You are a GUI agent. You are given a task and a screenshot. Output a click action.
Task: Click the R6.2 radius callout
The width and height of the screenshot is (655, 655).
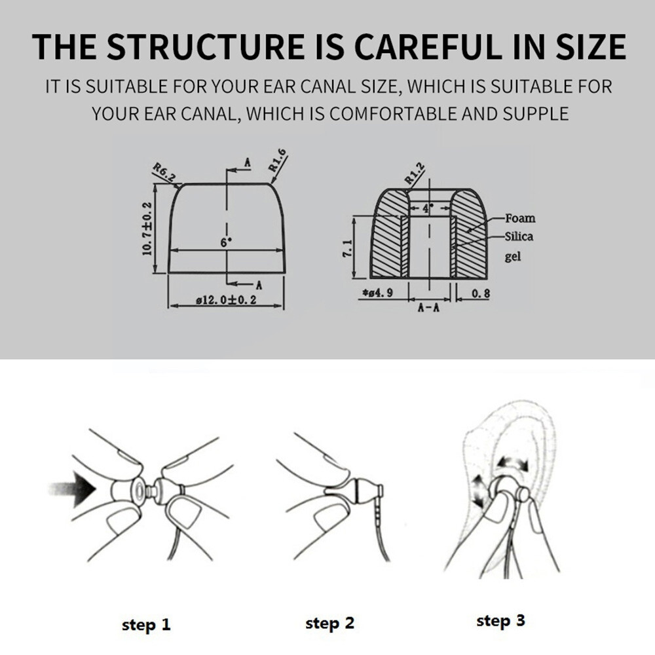pos(164,172)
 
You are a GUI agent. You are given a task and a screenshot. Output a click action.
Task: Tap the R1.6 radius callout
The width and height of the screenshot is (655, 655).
pos(278,160)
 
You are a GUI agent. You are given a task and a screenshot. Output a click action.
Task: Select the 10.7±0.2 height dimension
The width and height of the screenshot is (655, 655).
pos(147,228)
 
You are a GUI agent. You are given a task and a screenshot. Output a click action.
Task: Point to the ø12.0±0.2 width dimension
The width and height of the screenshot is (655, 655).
pos(226,300)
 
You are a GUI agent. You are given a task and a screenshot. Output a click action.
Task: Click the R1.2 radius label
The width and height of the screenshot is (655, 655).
pos(415,174)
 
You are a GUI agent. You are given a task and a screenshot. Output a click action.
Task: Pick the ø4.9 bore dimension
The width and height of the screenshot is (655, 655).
pos(378,293)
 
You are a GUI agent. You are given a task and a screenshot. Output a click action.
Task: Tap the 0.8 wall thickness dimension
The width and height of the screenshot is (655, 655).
pos(481,293)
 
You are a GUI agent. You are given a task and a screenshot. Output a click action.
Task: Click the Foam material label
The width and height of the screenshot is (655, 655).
pos(520,218)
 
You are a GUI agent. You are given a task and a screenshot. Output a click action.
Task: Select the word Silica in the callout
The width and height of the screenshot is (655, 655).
pos(519,236)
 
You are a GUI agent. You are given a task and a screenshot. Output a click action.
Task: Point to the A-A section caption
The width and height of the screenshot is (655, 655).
pos(428,308)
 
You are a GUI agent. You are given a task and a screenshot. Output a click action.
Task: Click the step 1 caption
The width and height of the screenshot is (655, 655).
pos(146,624)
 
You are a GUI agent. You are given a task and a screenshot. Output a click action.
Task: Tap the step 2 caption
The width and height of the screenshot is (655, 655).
pos(329,624)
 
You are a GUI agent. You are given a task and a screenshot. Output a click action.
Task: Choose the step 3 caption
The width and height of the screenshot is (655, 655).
pos(500,621)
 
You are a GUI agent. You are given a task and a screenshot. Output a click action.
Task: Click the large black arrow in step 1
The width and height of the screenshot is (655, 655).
pos(73,489)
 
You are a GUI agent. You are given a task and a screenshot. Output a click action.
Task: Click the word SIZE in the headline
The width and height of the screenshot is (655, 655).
pos(590,46)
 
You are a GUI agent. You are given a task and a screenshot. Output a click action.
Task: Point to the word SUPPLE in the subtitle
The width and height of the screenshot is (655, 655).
pos(536,113)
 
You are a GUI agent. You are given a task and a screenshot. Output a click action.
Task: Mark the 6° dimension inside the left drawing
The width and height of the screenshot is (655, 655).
pos(226,242)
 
